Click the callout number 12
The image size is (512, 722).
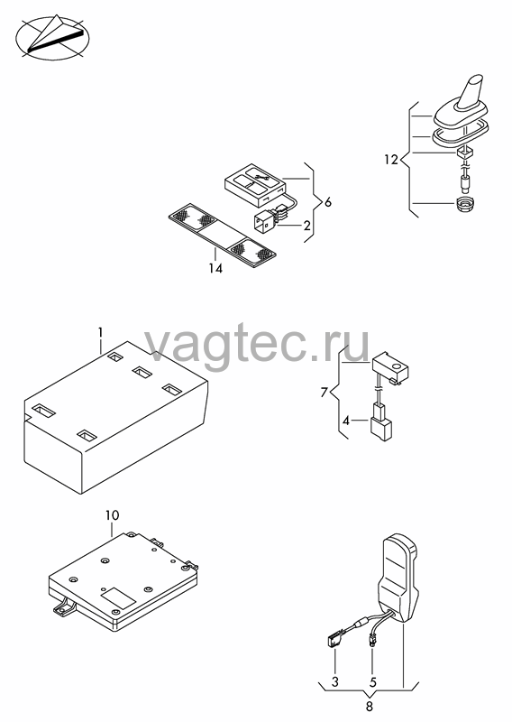tap(390, 160)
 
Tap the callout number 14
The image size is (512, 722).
tap(215, 268)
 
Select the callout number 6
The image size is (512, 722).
tap(327, 201)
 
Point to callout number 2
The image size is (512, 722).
tap(306, 226)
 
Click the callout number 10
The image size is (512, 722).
tap(112, 515)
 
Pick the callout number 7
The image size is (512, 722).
tap(324, 393)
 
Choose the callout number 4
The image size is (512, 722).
tap(346, 421)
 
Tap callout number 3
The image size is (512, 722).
tap(335, 681)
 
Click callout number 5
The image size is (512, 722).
tap(372, 681)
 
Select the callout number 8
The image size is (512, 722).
tap(369, 706)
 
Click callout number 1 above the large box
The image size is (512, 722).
tap(101, 332)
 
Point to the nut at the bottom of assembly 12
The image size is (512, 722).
tap(464, 204)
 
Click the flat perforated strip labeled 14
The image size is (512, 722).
tap(223, 236)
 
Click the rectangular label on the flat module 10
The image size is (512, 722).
tap(118, 597)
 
